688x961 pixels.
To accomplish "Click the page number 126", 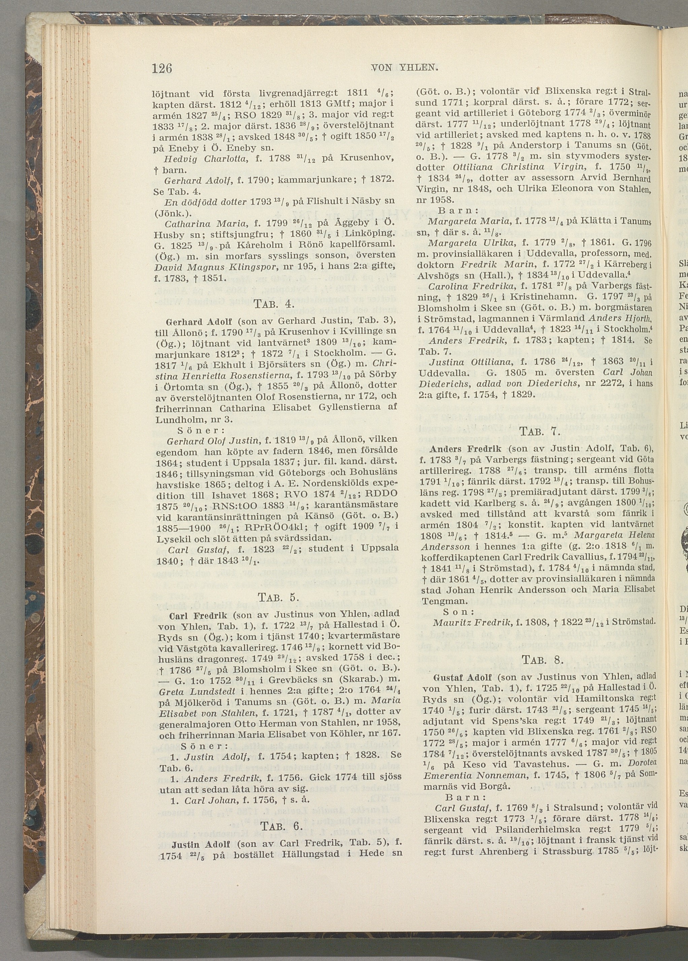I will point(162,68).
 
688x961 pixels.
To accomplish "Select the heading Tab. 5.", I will point(278,598).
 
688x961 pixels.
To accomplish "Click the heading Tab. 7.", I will point(540,432).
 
